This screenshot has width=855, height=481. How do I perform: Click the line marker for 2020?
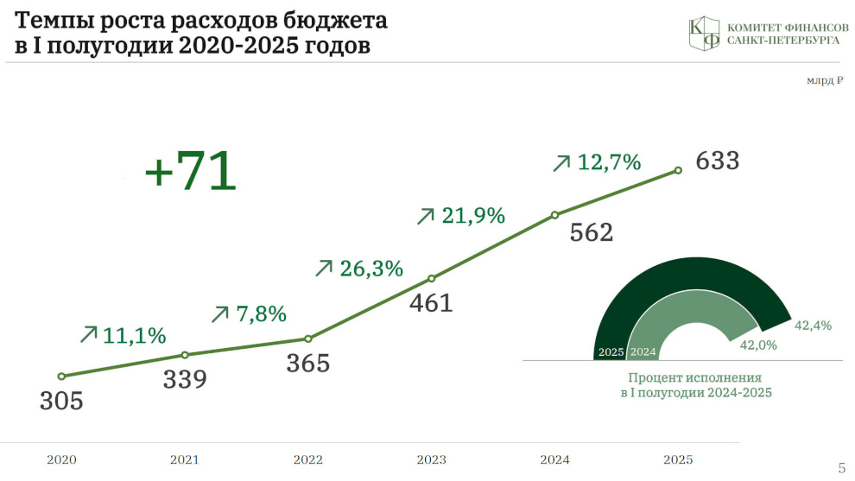coord(61,377)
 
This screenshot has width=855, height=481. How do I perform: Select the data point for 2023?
coord(431,279)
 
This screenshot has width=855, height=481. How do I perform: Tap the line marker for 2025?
coord(678,171)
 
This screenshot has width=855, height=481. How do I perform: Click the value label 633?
coord(718,161)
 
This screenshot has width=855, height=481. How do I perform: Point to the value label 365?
coord(308,364)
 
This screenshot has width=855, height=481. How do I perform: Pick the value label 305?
coord(61,401)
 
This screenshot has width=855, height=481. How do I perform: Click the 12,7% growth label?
coord(609,162)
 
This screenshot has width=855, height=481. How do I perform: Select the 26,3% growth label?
coord(371,269)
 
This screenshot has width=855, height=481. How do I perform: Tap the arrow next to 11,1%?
coord(88,334)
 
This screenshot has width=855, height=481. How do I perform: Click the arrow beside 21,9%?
coord(425,216)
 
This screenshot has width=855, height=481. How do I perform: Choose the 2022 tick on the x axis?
coord(308,459)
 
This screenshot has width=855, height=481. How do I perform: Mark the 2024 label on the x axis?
coord(554,459)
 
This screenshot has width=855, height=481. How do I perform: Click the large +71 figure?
coord(190,170)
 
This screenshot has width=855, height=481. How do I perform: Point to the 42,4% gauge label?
coord(813,326)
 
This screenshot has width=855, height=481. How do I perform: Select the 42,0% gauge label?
coord(758,345)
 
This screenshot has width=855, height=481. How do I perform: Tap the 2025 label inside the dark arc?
coord(611,352)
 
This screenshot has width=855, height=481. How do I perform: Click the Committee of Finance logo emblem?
coord(704,34)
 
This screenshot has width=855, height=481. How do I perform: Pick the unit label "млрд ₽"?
coord(825,80)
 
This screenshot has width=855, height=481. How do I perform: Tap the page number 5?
coord(841,468)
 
